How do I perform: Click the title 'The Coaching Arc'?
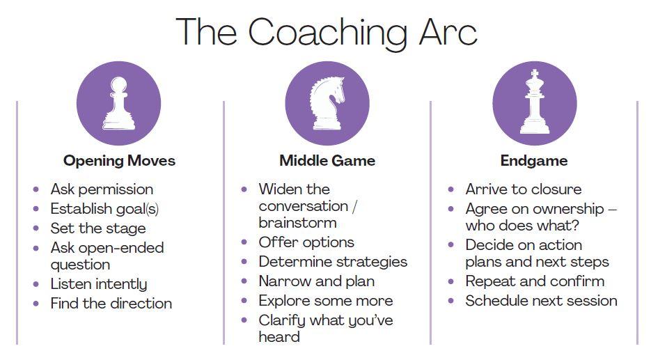pyautogui.click(x=327, y=33)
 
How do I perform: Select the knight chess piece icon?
pyautogui.click(x=327, y=103)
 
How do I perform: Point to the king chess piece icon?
pyautogui.click(x=534, y=102)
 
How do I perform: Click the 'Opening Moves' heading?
pyautogui.click(x=119, y=161)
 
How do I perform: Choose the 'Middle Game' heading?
pyautogui.click(x=327, y=161)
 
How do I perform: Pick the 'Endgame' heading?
pyautogui.click(x=534, y=161)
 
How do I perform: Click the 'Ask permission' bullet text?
pyautogui.click(x=102, y=189)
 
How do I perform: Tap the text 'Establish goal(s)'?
pyautogui.click(x=104, y=208)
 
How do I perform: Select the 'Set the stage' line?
pyautogui.click(x=98, y=228)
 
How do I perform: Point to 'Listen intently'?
pyautogui.click(x=99, y=284)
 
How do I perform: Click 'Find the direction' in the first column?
pyautogui.click(x=111, y=304)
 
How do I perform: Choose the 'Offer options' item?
pyautogui.click(x=306, y=242)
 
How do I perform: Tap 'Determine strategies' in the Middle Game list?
pyautogui.click(x=333, y=262)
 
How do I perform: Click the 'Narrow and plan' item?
pyautogui.click(x=317, y=281)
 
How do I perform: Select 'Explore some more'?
pyautogui.click(x=326, y=301)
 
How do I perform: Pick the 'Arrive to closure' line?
pyautogui.click(x=524, y=189)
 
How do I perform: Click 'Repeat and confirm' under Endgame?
pyautogui.click(x=535, y=281)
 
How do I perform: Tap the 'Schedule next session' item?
pyautogui.click(x=542, y=301)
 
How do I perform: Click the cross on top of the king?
pyautogui.click(x=535, y=74)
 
